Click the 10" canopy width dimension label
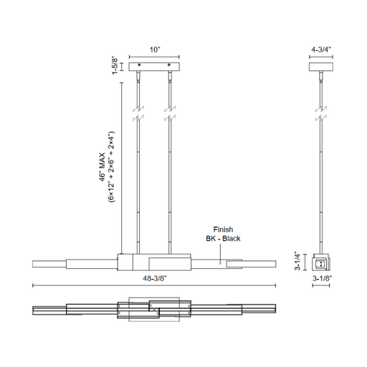(x=155, y=49)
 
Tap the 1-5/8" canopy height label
(x=115, y=66)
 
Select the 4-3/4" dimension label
(x=321, y=49)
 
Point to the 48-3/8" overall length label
(x=154, y=278)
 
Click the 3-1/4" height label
(x=297, y=261)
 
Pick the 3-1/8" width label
(x=323, y=278)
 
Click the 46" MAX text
(x=103, y=167)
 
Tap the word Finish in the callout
(x=223, y=229)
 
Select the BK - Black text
(x=223, y=239)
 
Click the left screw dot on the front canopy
(x=140, y=65)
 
